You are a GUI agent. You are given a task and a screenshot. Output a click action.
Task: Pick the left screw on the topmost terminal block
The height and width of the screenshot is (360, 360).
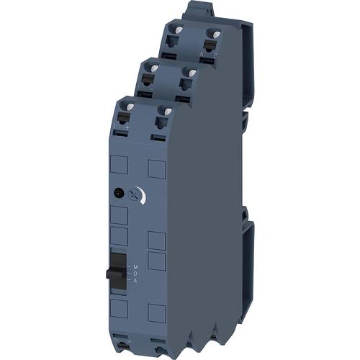click(x=174, y=30)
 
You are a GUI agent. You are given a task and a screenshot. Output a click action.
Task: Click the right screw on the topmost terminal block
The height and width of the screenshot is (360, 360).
click(x=213, y=35)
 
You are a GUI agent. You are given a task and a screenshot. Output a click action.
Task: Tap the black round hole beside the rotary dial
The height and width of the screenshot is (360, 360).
click(x=117, y=193)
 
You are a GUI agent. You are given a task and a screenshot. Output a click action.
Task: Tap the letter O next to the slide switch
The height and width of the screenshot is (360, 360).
click(x=134, y=274)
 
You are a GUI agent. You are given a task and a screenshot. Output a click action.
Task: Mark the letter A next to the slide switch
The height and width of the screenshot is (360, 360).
click(x=134, y=281)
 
